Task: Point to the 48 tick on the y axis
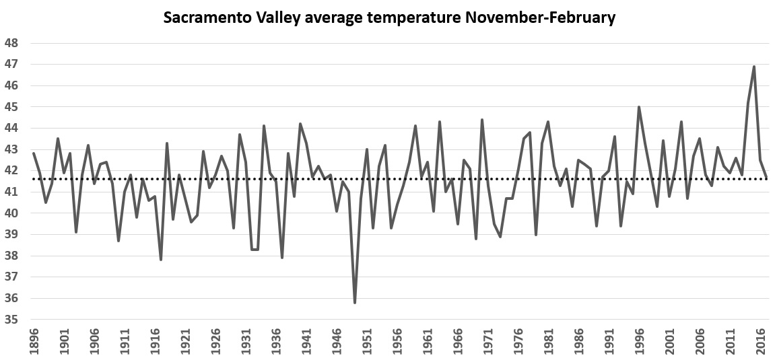click(x=11, y=43)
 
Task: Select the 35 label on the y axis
click(x=11, y=320)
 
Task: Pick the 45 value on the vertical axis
click(x=11, y=107)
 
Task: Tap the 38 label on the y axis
click(x=11, y=256)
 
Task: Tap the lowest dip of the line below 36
click(x=355, y=303)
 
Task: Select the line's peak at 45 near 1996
click(x=639, y=107)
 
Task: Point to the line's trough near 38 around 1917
click(x=161, y=260)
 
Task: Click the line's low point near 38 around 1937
click(x=282, y=258)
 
